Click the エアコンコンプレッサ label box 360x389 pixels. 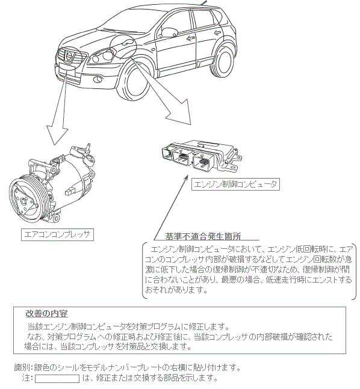pyautogui.click(x=57, y=234)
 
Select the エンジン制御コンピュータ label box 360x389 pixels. pyautogui.click(x=235, y=185)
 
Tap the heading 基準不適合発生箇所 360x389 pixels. pyautogui.click(x=203, y=236)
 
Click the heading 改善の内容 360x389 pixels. pyautogui.click(x=47, y=314)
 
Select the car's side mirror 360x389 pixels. pyautogui.click(x=169, y=32)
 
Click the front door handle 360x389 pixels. pyautogui.click(x=190, y=38)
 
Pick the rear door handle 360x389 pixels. pyautogui.click(x=218, y=32)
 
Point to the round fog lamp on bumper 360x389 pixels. pyautogui.click(x=98, y=79)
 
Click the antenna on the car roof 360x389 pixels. pyautogui.click(x=204, y=2)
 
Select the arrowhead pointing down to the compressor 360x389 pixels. pyautogui.click(x=57, y=135)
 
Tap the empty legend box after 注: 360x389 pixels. pyautogui.click(x=57, y=379)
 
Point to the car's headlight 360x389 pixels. pyautogui.click(x=102, y=55)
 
